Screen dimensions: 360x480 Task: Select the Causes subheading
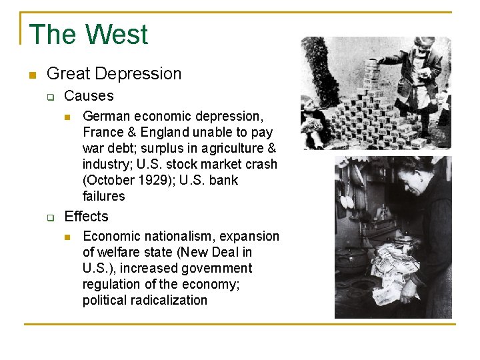tap(89, 96)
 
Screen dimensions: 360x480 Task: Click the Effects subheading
tap(86, 217)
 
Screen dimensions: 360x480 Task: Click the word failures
tap(104, 196)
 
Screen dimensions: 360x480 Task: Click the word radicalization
tap(169, 300)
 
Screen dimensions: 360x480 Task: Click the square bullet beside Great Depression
tap(31, 74)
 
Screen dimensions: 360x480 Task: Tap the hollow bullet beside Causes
tap(49, 97)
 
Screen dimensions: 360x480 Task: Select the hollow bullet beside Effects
tap(49, 217)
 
